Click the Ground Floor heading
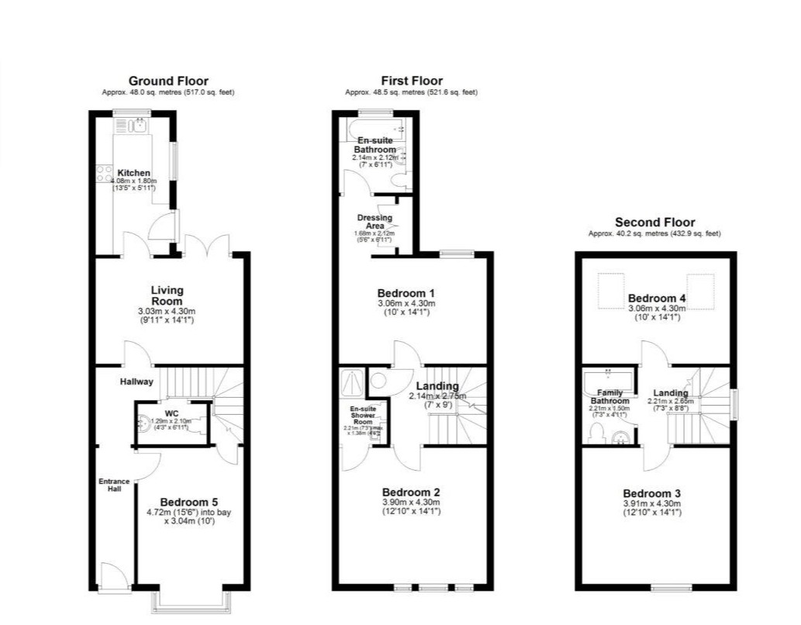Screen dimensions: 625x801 168,81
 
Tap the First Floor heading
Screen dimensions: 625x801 412,81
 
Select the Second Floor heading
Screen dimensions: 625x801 654,223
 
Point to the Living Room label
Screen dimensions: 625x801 167,295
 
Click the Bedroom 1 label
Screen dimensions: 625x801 406,293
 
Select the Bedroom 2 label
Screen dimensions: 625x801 411,492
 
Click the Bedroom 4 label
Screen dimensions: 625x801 657,299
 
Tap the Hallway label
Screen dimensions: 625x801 136,382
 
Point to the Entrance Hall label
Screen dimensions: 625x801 113,485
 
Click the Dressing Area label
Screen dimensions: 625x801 375,223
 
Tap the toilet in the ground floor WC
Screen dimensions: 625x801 144,423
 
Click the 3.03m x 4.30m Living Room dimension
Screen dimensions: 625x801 167,312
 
